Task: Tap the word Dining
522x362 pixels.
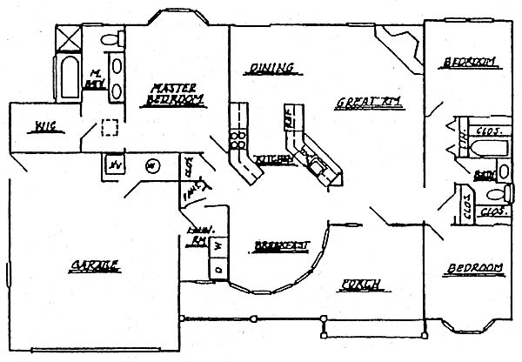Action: tap(270, 68)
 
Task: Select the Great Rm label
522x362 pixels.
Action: tap(368, 104)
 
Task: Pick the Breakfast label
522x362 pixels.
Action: tap(282, 246)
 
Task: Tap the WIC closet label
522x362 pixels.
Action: tap(40, 128)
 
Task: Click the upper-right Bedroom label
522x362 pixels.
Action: tap(470, 62)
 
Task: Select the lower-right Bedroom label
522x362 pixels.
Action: tap(475, 266)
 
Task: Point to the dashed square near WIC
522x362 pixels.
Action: tap(109, 127)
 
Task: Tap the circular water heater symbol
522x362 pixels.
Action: tap(151, 164)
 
